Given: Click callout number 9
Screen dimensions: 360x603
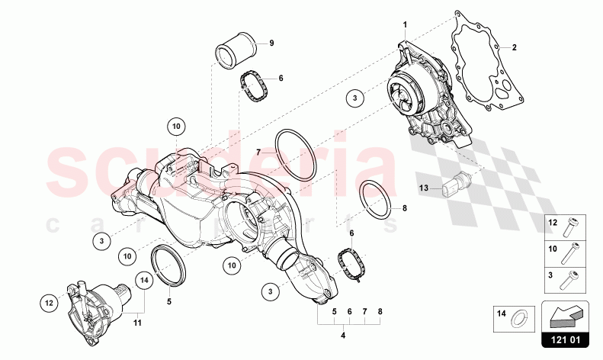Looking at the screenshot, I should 270,43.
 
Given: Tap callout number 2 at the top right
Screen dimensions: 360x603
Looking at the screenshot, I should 514,47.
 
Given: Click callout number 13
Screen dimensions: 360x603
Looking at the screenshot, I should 424,186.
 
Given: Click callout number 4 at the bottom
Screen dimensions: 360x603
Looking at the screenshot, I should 344,333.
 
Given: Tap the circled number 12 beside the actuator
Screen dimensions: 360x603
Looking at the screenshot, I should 47,303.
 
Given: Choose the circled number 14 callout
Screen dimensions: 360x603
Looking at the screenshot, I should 143,281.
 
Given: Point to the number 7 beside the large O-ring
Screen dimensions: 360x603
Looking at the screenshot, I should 258,152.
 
